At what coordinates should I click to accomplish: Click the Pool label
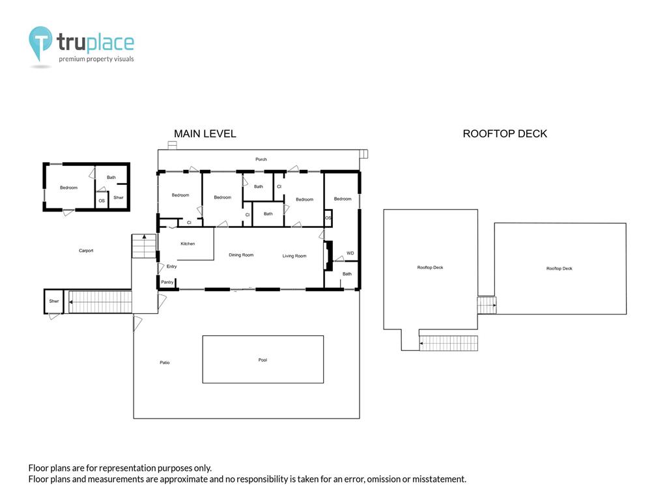click(x=263, y=360)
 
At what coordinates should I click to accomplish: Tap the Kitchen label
click(x=188, y=243)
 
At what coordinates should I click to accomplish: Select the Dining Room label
click(x=241, y=255)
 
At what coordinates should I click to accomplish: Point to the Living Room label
click(x=294, y=256)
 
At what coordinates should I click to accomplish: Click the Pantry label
click(x=167, y=282)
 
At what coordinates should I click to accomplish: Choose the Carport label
click(x=86, y=251)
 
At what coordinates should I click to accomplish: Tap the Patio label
click(x=164, y=363)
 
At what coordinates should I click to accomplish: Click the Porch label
click(x=261, y=160)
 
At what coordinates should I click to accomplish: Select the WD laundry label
click(x=350, y=253)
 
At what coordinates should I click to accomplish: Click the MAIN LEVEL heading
click(x=205, y=134)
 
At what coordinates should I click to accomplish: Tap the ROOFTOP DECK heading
click(x=505, y=134)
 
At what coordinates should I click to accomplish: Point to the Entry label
click(x=171, y=266)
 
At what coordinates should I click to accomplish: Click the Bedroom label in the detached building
click(x=68, y=187)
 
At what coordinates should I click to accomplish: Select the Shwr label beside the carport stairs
click(x=53, y=301)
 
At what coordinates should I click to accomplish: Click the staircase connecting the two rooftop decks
click(x=487, y=305)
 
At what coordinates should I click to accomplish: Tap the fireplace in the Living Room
click(x=329, y=255)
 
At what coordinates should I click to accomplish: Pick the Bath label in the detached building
click(x=111, y=177)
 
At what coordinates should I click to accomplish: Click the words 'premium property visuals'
click(x=96, y=59)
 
